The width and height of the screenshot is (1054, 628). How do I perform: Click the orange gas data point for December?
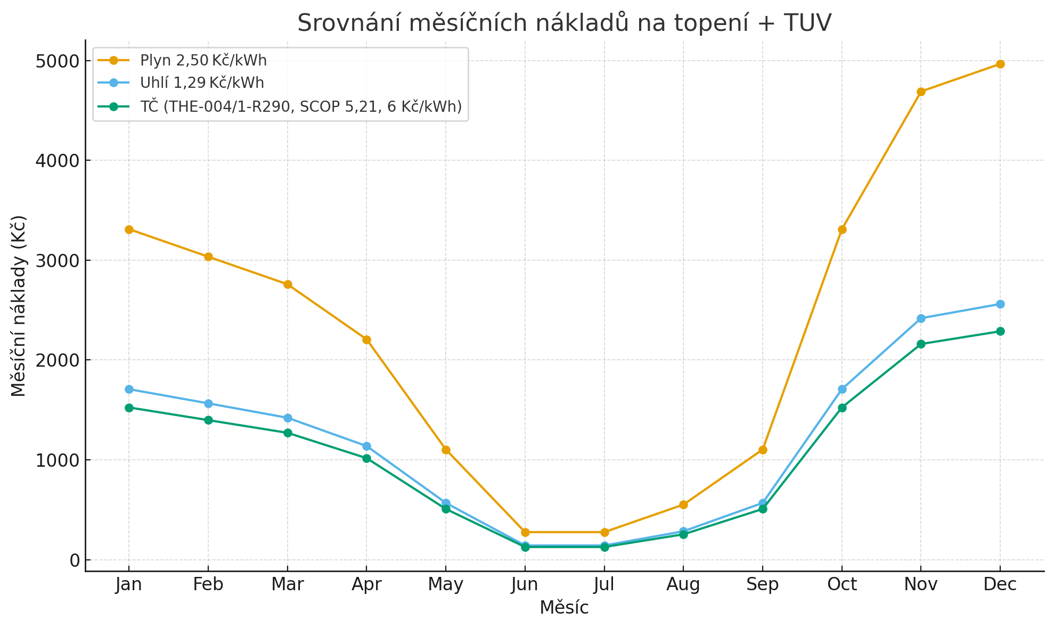(x=1000, y=64)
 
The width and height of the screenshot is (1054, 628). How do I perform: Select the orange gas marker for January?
(x=129, y=229)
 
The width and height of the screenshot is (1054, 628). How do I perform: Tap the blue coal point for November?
(x=921, y=318)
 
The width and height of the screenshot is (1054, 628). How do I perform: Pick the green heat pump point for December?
(x=1000, y=331)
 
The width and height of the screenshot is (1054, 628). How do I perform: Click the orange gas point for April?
(x=366, y=340)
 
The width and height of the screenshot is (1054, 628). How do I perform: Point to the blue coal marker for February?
(x=208, y=403)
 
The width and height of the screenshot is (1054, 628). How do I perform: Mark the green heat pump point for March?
(x=288, y=433)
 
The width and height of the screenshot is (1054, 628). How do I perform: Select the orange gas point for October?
(x=842, y=229)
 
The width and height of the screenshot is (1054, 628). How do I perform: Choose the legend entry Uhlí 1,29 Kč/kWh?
(x=202, y=83)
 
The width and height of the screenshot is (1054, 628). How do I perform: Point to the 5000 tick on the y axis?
(x=58, y=61)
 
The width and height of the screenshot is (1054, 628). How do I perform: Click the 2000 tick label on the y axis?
(x=58, y=360)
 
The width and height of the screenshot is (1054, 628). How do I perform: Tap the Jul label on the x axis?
(x=604, y=585)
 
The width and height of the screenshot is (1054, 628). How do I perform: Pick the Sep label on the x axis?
(x=762, y=585)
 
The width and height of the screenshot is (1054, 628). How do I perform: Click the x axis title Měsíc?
(x=564, y=608)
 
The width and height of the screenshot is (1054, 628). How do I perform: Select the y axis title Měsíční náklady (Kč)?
(x=19, y=306)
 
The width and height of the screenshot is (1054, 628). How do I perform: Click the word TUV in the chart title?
(x=807, y=23)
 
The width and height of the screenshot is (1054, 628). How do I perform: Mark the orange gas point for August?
(x=683, y=505)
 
